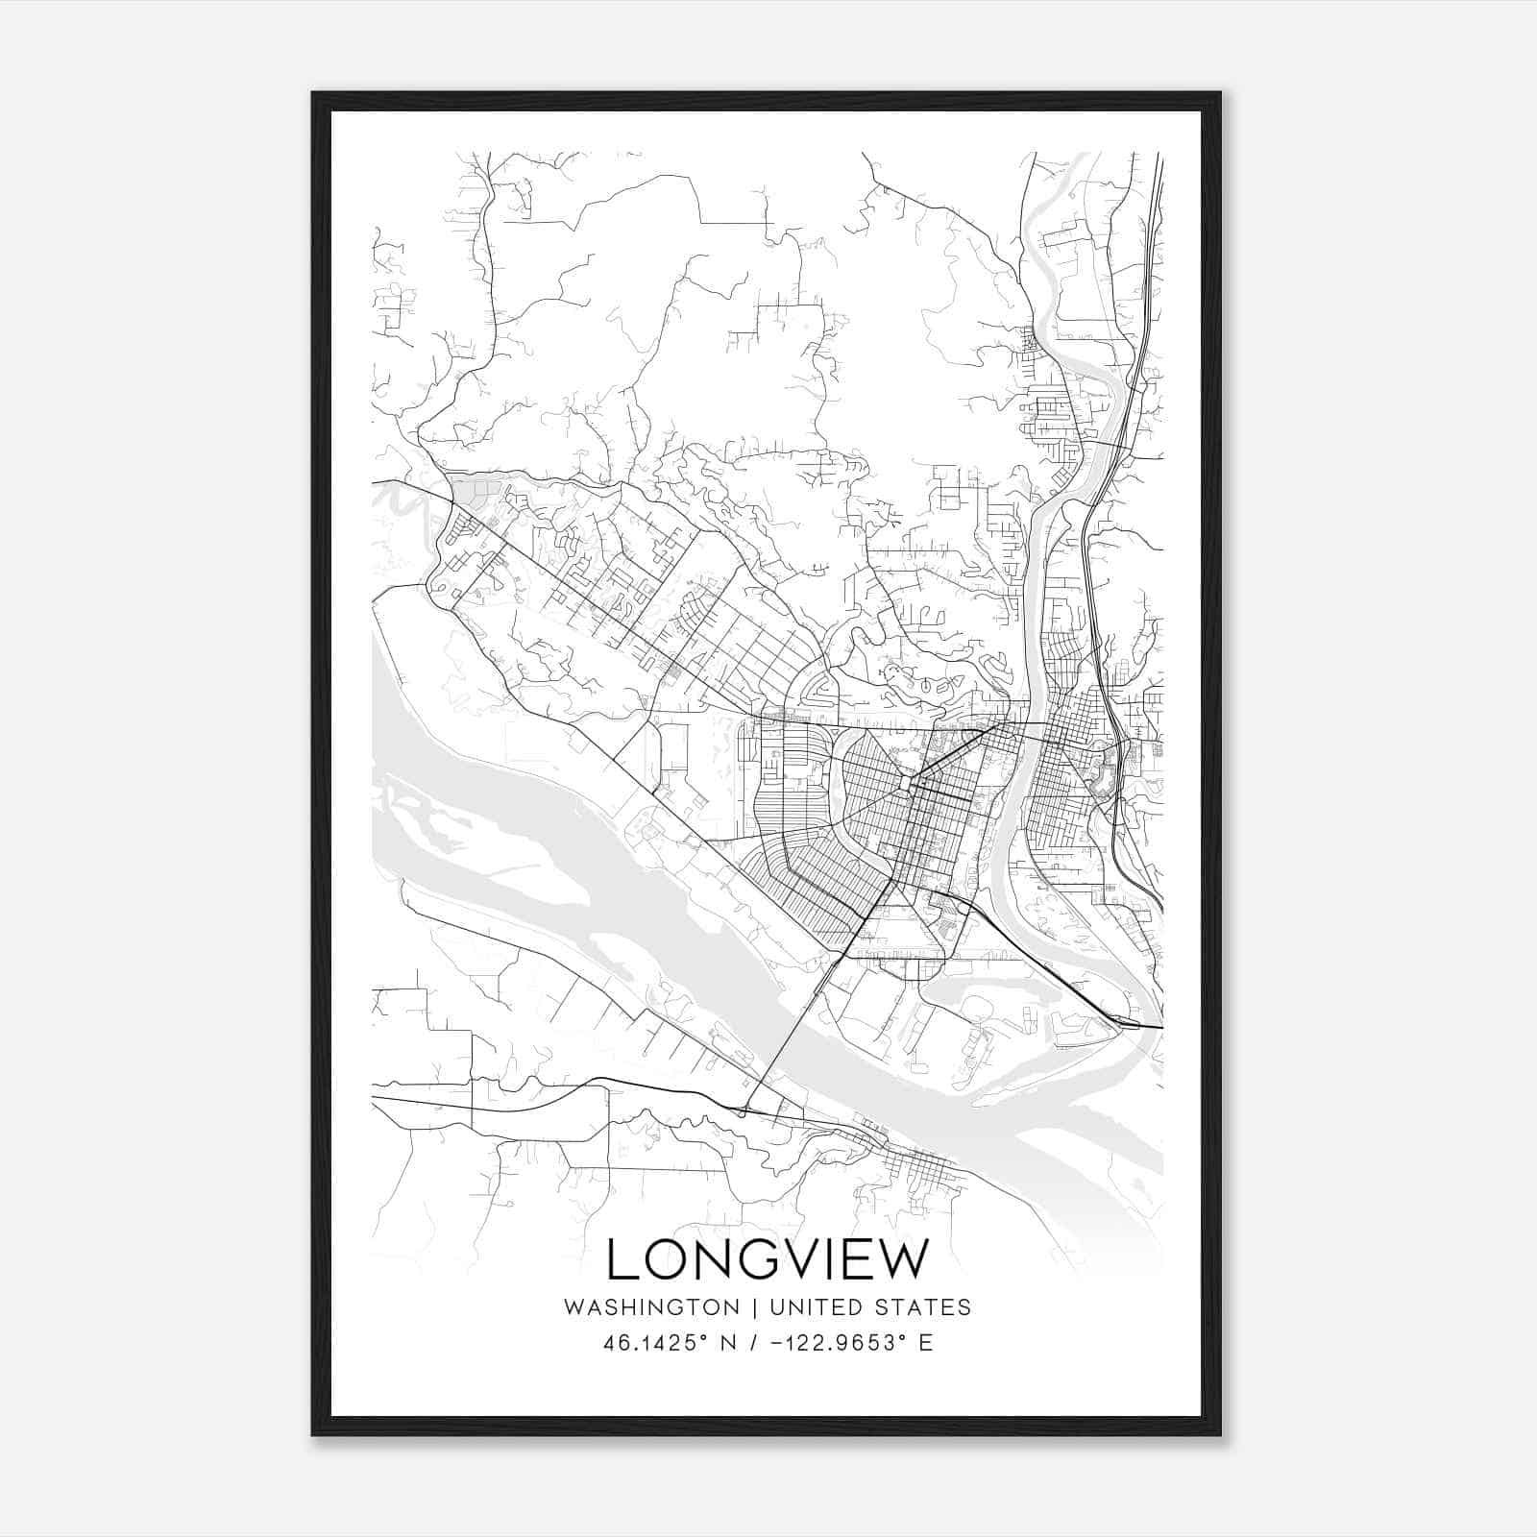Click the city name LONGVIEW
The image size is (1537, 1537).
point(768,1259)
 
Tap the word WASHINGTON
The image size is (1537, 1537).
point(651,1307)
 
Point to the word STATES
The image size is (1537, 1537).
point(927,1307)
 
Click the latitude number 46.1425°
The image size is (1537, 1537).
point(656,1343)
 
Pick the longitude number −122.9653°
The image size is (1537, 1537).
point(839,1343)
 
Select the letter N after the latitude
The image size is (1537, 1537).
point(727,1343)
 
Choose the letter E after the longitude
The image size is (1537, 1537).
point(926,1343)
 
